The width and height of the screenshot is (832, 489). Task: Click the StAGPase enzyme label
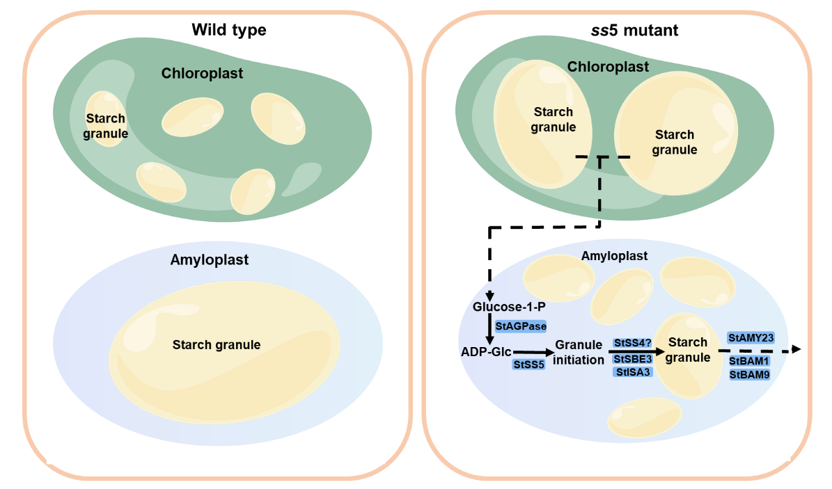tap(520, 326)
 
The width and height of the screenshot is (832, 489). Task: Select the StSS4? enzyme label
tap(632, 343)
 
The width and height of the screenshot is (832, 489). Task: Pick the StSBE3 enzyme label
tap(632, 358)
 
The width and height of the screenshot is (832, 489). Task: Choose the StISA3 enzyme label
tap(632, 372)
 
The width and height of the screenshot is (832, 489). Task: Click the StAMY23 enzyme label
tap(751, 337)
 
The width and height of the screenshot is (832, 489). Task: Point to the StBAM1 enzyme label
tap(749, 362)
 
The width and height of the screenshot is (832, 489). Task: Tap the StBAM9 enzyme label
tap(749, 375)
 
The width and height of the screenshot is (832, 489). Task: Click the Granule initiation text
tap(579, 353)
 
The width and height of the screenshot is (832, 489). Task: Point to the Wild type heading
tap(229, 30)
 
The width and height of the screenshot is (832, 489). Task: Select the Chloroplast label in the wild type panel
tap(203, 73)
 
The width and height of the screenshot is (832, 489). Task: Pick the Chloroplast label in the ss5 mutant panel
tap(608, 67)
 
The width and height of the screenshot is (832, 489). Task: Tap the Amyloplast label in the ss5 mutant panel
tap(615, 256)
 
